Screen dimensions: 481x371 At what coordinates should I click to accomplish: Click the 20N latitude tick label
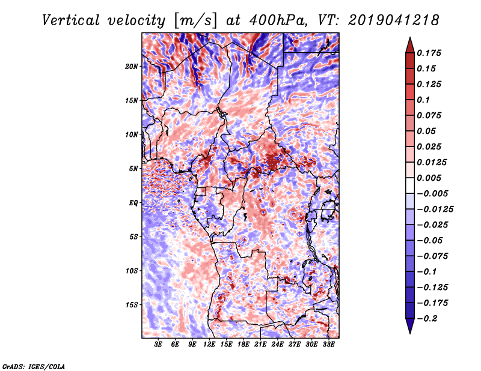click(132, 67)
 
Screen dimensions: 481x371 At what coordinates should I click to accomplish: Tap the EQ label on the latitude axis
click(133, 203)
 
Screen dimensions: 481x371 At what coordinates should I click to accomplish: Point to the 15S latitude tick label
click(132, 305)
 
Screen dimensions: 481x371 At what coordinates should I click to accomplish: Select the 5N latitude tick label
click(133, 169)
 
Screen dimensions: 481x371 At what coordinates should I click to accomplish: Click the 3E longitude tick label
click(158, 345)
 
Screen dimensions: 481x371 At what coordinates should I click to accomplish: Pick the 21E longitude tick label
click(260, 345)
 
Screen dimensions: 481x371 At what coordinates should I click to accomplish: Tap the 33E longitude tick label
click(328, 345)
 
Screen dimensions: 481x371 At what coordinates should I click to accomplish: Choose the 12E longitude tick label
click(209, 345)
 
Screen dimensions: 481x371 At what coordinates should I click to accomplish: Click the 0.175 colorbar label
click(429, 53)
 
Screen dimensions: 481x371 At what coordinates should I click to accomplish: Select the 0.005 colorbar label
click(429, 178)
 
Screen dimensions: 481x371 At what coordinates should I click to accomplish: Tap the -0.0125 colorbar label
click(435, 210)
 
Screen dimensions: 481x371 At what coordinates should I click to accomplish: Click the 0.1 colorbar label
click(423, 100)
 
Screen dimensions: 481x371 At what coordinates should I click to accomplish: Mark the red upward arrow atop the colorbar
click(410, 45)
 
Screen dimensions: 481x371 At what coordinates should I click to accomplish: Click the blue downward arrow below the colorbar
click(410, 326)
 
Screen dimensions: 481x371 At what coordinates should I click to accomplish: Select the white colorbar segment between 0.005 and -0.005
click(410, 185)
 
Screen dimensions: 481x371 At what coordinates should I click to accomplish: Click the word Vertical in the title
click(71, 20)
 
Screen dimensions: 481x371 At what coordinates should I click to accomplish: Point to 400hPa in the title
click(277, 20)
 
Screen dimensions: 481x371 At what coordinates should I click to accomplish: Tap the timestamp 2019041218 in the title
click(394, 20)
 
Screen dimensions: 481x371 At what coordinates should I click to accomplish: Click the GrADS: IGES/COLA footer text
click(34, 366)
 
